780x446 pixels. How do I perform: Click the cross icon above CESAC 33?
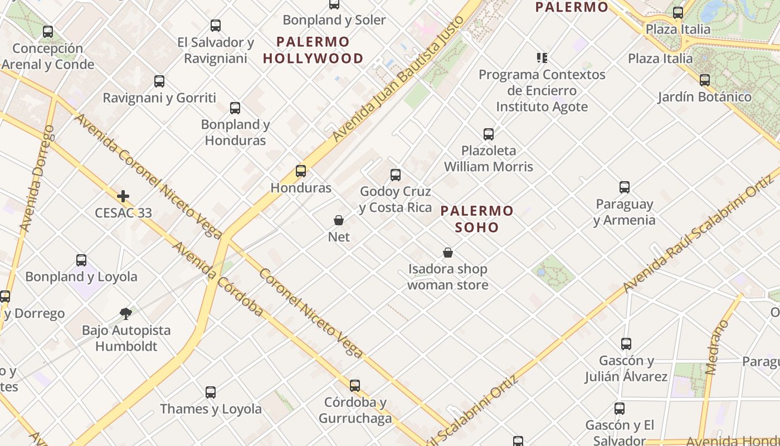point(123,196)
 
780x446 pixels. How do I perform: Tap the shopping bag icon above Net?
point(339,220)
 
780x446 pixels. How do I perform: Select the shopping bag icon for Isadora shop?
point(448,253)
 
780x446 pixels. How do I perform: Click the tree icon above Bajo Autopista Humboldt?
point(126,314)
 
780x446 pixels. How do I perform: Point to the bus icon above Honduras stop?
point(301,171)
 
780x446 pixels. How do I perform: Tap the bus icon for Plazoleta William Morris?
point(489,134)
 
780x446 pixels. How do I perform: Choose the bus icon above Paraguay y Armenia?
point(625,187)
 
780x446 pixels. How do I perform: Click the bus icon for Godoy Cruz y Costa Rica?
point(396,175)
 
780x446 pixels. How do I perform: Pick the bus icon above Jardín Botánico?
point(705,80)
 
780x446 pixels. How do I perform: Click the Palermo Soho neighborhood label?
point(477,219)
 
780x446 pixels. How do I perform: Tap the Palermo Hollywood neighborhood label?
point(313,50)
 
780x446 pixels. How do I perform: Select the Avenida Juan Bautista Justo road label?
point(398,80)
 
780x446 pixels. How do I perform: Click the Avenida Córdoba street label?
point(217,279)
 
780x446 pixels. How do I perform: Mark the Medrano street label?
point(717,347)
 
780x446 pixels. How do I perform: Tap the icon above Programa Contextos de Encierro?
point(542,57)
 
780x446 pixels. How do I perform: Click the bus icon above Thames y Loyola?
point(211,392)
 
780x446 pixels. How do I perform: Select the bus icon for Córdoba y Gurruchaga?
point(355,386)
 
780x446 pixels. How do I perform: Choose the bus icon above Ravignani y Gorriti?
point(159,81)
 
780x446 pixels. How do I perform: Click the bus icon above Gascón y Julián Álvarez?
point(626,344)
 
